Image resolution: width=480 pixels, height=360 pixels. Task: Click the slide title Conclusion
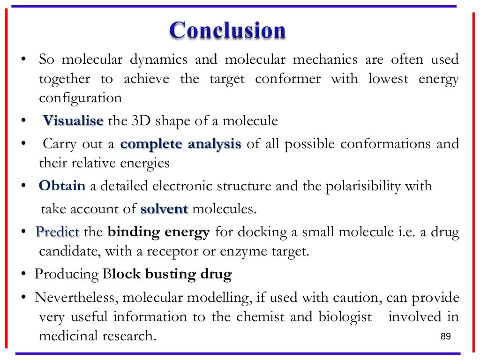[x=228, y=31]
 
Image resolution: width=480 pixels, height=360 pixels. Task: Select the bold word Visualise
[x=73, y=121]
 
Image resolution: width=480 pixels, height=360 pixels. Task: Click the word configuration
[x=80, y=98]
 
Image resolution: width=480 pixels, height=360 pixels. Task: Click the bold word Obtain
[x=62, y=186]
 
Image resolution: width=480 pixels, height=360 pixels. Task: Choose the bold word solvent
[x=164, y=209]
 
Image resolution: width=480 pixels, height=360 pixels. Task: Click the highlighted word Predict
[x=58, y=232]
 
